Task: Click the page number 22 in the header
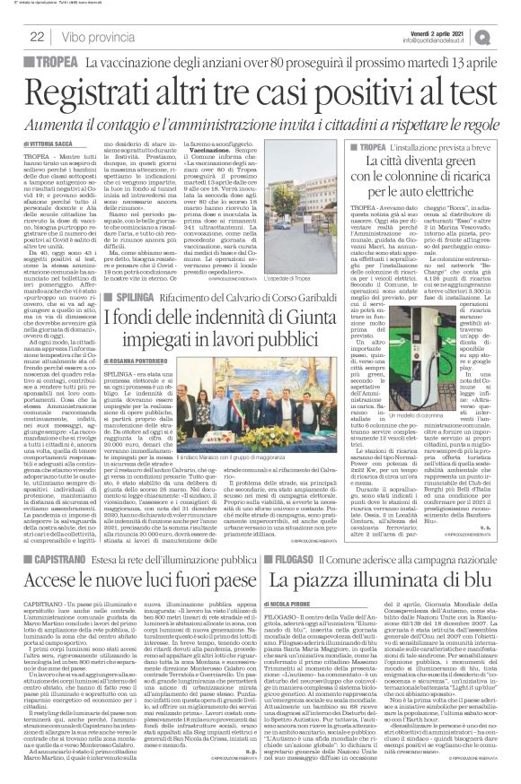tap(39, 37)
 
